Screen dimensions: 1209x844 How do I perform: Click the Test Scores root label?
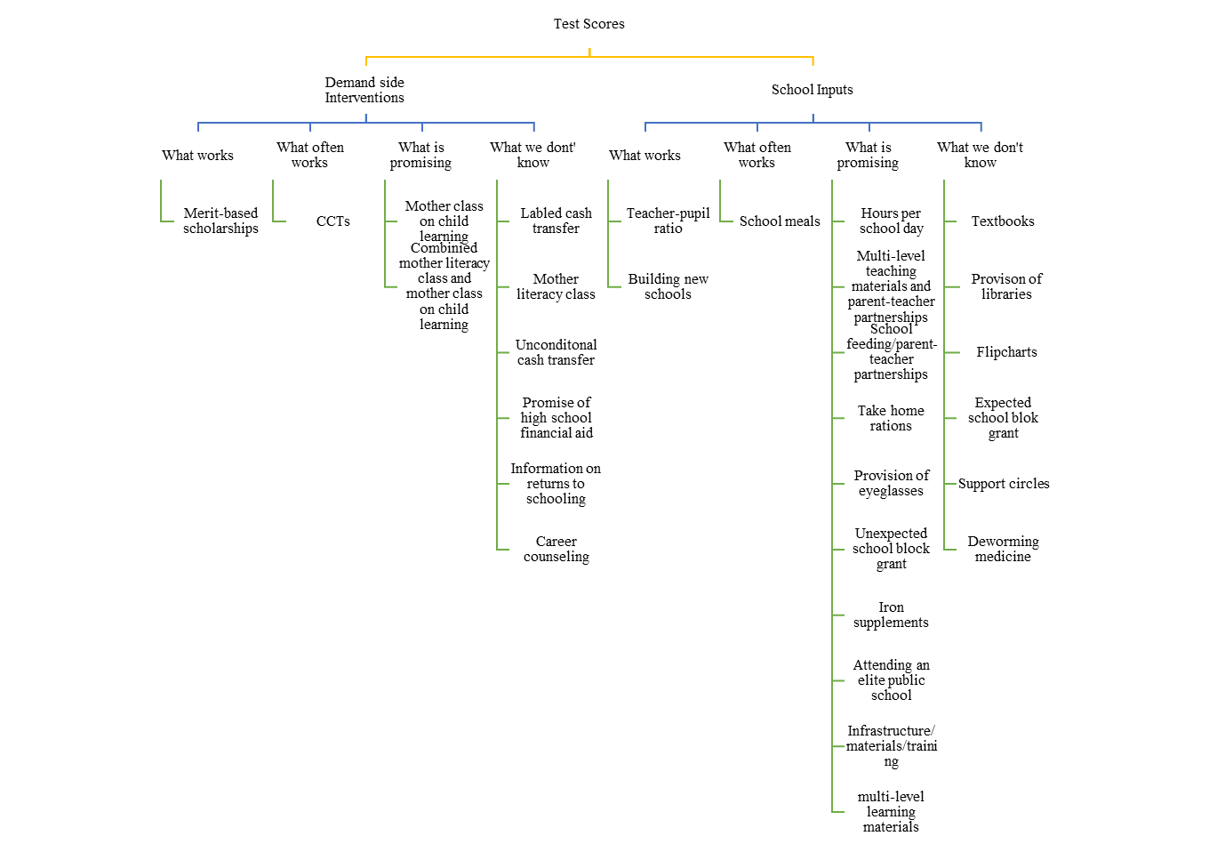point(588,24)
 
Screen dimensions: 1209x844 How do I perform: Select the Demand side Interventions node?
point(364,90)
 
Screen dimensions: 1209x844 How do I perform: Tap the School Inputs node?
point(812,90)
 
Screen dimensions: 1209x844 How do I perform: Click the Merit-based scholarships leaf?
point(220,221)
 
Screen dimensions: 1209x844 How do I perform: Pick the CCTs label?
point(333,221)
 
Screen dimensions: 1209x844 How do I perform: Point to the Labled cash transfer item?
point(556,221)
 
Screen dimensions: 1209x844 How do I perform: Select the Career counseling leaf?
point(556,549)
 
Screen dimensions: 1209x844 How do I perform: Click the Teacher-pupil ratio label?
point(668,221)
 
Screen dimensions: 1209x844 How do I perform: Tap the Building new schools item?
point(668,286)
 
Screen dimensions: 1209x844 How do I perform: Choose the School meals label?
point(780,221)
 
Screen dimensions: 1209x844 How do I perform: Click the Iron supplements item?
point(891,615)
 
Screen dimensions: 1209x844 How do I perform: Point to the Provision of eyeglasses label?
point(891,483)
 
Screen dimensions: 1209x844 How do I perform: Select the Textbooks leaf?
point(1003,221)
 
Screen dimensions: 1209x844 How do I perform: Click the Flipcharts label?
point(1006,352)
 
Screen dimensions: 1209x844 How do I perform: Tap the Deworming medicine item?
point(1003,549)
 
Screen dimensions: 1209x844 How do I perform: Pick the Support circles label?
point(1004,483)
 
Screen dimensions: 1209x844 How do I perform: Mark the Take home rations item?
point(891,418)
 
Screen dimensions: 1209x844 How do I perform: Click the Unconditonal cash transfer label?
point(556,352)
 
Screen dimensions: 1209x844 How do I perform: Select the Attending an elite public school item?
point(891,679)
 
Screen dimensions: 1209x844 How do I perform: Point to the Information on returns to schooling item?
point(556,483)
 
